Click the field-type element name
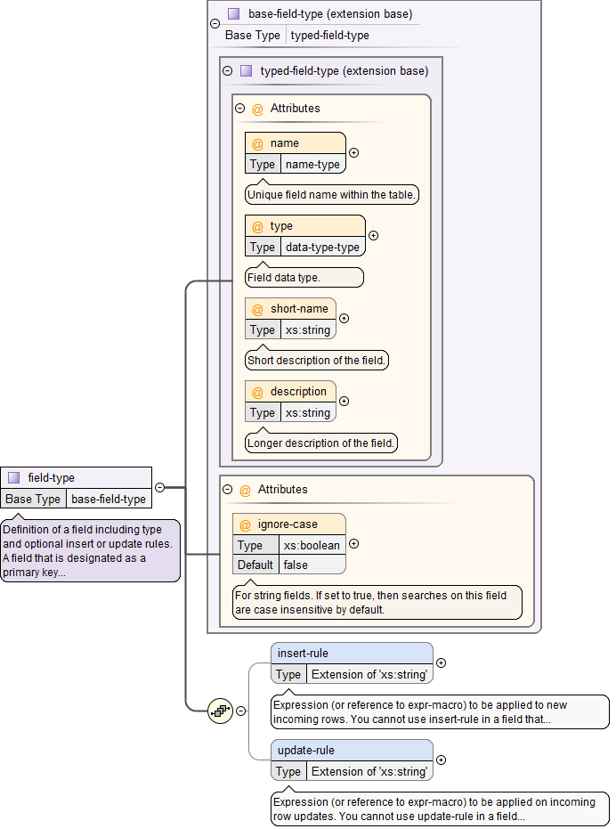52,478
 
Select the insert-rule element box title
303,654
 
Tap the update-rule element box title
306,751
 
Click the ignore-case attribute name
288,524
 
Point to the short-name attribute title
299,309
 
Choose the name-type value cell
312,165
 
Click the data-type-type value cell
322,248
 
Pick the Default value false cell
296,565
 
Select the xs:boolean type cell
312,545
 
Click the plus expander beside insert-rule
442,662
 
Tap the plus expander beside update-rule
442,760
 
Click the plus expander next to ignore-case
354,544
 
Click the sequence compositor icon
220,711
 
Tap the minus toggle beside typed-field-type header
228,71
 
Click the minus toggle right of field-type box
160,487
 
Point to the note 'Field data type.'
304,278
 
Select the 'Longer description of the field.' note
321,443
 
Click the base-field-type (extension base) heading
330,14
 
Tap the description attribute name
298,392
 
